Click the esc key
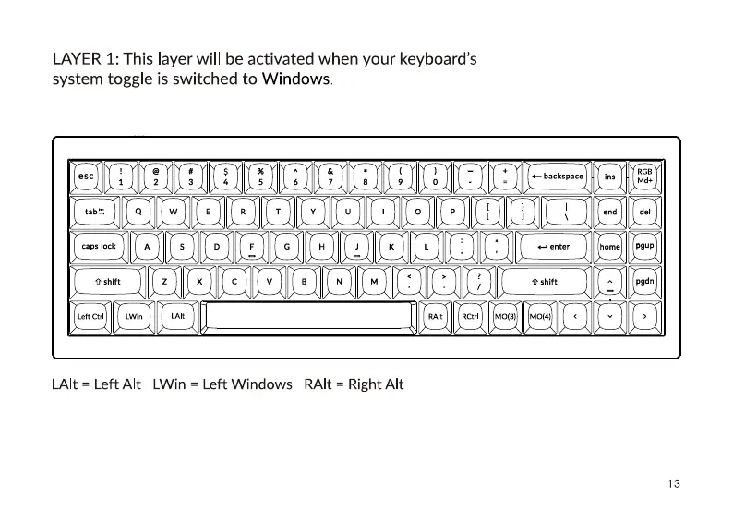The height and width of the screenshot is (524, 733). click(x=87, y=176)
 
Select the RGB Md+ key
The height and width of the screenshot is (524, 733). click(x=644, y=176)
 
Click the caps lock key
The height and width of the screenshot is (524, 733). click(x=100, y=247)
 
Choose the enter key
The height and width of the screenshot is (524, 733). click(x=554, y=247)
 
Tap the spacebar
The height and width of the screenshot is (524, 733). click(x=308, y=316)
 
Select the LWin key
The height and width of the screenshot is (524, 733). click(x=134, y=316)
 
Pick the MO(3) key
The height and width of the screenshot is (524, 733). click(x=505, y=316)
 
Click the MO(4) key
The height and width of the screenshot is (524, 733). click(x=540, y=316)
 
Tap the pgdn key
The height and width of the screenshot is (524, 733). click(x=644, y=281)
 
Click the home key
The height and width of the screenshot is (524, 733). click(x=610, y=247)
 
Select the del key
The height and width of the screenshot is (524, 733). click(x=644, y=212)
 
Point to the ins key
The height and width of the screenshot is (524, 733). click(x=610, y=176)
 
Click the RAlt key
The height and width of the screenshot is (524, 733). click(x=436, y=316)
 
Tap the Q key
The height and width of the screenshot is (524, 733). click(x=138, y=212)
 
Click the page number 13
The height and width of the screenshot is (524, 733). click(x=673, y=484)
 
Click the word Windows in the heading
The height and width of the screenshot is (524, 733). click(x=295, y=79)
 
